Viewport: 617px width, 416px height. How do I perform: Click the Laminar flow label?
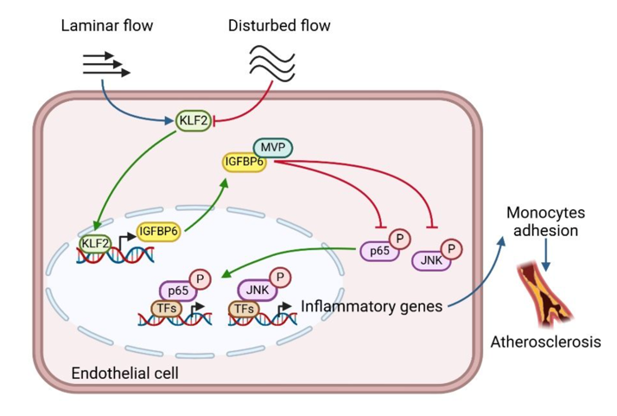point(106,25)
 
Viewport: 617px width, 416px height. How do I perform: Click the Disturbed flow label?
point(279,25)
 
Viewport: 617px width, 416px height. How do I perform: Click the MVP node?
point(272,146)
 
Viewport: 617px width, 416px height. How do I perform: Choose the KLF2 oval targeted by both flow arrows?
point(193,121)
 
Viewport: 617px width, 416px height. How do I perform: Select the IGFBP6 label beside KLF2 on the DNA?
point(158,231)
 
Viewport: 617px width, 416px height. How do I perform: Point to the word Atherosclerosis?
point(545,342)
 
